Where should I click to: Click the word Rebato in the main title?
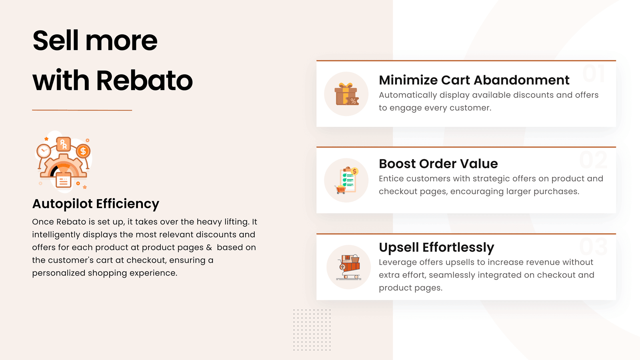(144, 80)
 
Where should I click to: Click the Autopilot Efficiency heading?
(96, 204)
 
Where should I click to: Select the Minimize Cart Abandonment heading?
(474, 80)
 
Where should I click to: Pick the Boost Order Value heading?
(438, 164)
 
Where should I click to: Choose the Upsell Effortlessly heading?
(436, 247)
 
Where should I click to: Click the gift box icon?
(346, 94)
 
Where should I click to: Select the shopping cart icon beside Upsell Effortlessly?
(349, 267)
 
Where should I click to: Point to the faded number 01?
(594, 74)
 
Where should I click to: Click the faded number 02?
(593, 160)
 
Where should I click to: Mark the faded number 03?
(593, 247)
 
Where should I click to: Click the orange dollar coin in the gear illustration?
(83, 151)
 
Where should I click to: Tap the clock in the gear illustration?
(44, 151)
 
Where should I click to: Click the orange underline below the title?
(82, 110)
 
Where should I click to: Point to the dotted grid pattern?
(312, 330)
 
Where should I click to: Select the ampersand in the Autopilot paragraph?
(209, 248)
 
